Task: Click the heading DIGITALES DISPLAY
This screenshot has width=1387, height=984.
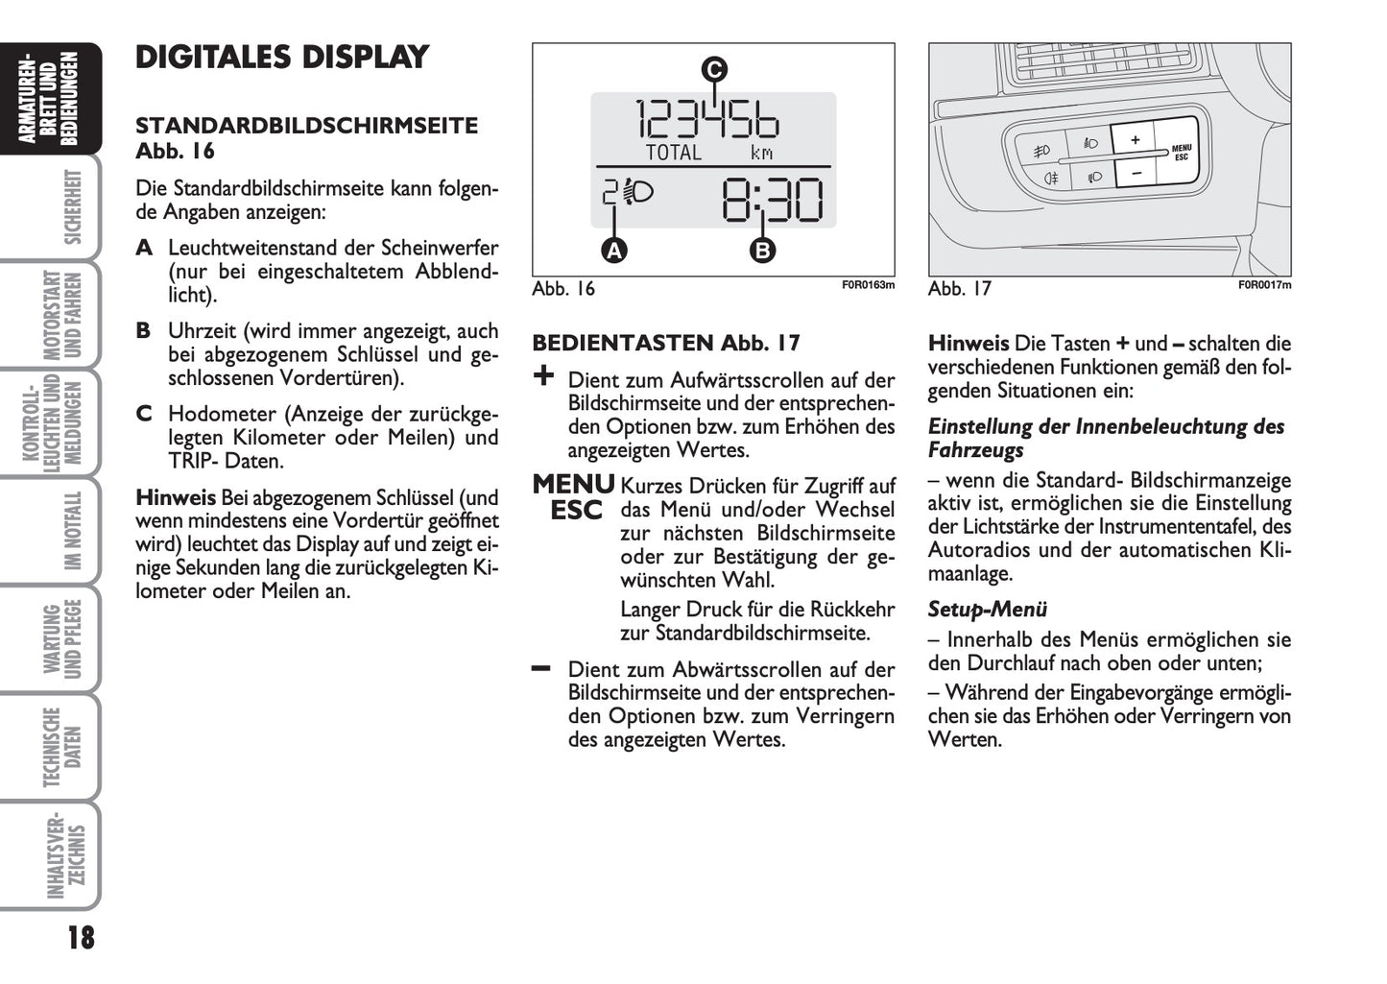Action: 281,58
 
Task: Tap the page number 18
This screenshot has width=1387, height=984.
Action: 81,937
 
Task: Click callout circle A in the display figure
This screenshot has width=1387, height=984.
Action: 613,251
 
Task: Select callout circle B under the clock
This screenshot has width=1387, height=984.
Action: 762,251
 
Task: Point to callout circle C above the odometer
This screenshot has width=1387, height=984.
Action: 713,69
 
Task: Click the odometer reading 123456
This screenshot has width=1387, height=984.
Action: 708,120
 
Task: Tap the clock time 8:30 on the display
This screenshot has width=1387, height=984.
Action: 772,202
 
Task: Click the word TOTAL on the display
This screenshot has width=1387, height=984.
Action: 674,153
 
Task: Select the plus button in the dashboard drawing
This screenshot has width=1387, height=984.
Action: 1134,140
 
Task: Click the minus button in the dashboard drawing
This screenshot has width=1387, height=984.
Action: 1134,173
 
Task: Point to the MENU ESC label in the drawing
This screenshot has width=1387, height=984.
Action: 1181,153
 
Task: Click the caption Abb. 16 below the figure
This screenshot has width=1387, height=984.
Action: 563,289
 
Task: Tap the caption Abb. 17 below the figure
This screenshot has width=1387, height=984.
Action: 960,289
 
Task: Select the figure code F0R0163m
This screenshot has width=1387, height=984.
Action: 868,285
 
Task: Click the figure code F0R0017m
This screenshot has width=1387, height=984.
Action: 1264,285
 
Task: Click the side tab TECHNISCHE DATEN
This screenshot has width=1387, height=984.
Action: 62,747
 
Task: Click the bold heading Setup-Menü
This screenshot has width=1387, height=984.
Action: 987,610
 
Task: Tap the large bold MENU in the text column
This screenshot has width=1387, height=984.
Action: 573,484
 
